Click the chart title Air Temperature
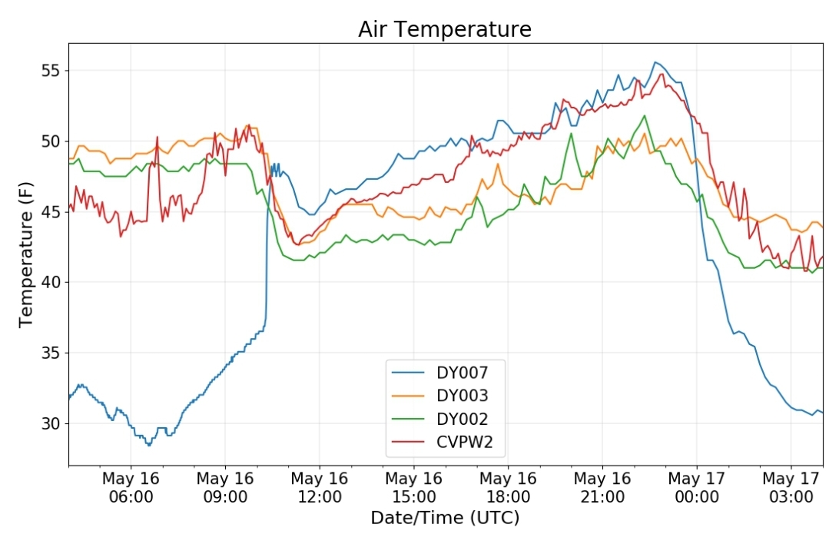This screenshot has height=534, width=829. coord(445,29)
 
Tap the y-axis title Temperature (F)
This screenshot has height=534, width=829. coord(25,254)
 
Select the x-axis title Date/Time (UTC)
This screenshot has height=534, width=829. coord(445,517)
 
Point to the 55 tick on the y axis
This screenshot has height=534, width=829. coord(51,71)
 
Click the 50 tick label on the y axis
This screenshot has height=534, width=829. coord(51,141)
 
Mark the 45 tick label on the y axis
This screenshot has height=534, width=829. coord(51,212)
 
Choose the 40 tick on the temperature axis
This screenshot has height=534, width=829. coord(51,282)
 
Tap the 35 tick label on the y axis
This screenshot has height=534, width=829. coord(51,353)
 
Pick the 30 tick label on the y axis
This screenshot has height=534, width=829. coord(51,423)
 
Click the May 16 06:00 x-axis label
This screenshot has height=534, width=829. coord(131,487)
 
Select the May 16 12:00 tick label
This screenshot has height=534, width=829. coord(320,487)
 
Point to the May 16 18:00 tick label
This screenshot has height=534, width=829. coord(508,487)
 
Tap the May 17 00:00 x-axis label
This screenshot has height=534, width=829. coord(697,487)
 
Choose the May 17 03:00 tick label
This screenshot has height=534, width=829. coord(791,487)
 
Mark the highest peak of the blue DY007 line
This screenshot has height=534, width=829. coord(655,62)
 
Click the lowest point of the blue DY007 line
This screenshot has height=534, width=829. coord(149,445)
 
